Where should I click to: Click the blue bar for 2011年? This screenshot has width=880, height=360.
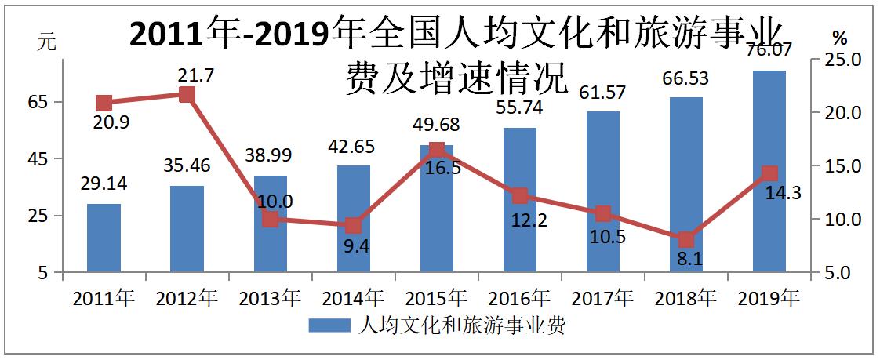click(x=104, y=238)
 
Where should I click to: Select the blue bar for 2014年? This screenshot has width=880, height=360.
click(x=353, y=220)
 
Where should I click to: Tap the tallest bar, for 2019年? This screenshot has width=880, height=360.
click(x=769, y=172)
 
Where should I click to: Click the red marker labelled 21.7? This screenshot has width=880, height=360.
click(x=187, y=95)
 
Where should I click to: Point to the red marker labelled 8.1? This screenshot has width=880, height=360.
click(x=686, y=239)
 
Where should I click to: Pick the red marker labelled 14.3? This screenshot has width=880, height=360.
click(x=769, y=173)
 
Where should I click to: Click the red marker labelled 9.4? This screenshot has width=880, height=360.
click(x=353, y=226)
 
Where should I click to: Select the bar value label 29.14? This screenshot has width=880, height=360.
click(x=104, y=184)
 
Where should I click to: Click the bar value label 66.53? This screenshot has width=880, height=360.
click(x=686, y=78)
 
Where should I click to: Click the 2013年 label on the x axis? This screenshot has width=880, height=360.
click(x=270, y=299)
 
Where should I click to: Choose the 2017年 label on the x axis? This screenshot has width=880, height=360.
click(x=602, y=299)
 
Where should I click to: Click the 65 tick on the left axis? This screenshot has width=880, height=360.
click(x=40, y=102)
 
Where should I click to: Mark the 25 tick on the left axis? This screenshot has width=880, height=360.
click(x=40, y=216)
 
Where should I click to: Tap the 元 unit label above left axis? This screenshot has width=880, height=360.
click(x=48, y=44)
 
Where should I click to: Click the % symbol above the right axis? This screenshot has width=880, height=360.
click(x=840, y=38)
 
